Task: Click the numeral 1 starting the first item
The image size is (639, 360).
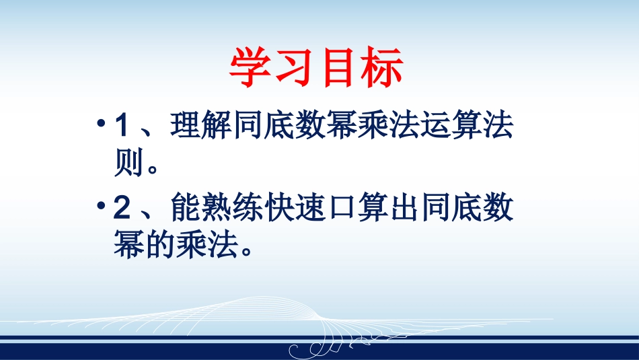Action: [122, 128]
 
